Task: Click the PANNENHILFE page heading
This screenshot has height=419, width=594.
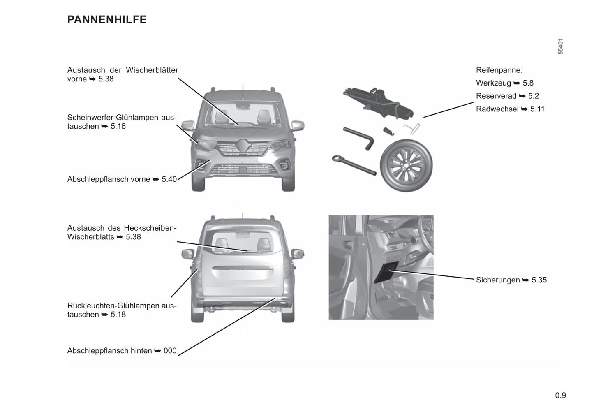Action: point(107,20)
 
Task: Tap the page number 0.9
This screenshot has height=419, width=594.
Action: point(560,396)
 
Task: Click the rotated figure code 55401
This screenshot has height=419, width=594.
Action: point(561,46)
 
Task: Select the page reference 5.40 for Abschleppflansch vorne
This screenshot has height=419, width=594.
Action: point(169,179)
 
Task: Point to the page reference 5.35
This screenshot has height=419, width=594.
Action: point(539,280)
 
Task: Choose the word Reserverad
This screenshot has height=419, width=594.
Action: point(496,96)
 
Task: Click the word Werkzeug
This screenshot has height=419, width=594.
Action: point(493,83)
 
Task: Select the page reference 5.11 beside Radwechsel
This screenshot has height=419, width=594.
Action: point(537,109)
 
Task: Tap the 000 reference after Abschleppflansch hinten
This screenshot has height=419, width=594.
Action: point(170,351)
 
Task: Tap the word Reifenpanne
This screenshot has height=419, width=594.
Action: point(499,70)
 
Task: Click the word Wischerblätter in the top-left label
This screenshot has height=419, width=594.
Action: point(152,70)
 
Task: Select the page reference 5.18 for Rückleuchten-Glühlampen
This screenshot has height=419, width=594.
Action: point(118,315)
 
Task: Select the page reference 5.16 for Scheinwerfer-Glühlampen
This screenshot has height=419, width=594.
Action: point(118,127)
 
